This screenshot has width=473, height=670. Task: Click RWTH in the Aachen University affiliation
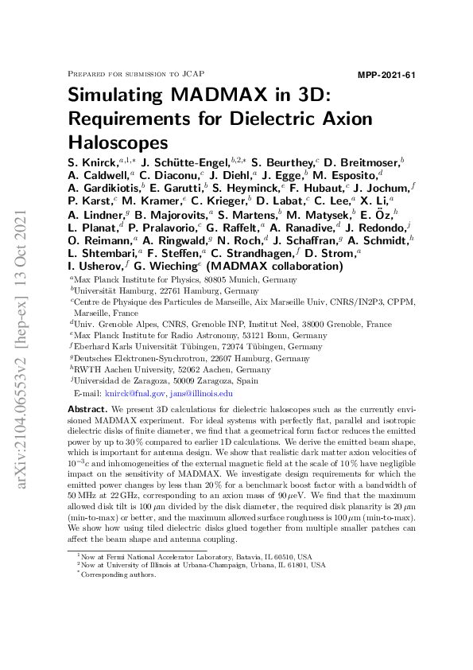coord(86,369)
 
